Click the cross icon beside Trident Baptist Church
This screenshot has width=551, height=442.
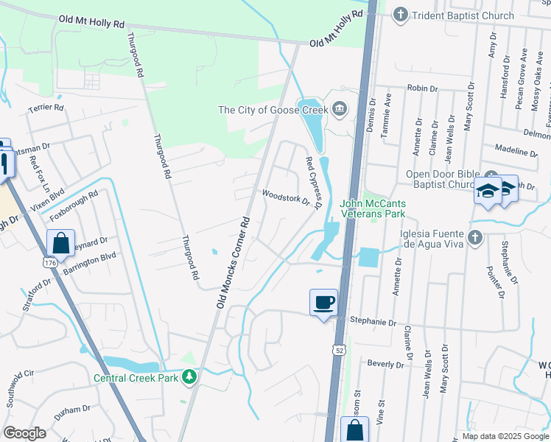[400, 14]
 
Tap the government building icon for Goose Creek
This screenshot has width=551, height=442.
[339, 110]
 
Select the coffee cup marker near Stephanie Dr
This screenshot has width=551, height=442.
[323, 302]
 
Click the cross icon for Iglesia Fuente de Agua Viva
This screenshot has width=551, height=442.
[476, 236]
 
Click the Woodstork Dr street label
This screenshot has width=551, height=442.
[286, 197]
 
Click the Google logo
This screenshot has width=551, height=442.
[24, 432]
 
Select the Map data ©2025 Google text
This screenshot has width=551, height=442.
[505, 436]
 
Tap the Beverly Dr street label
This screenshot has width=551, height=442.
[387, 364]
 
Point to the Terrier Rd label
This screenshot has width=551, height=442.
[46, 108]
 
